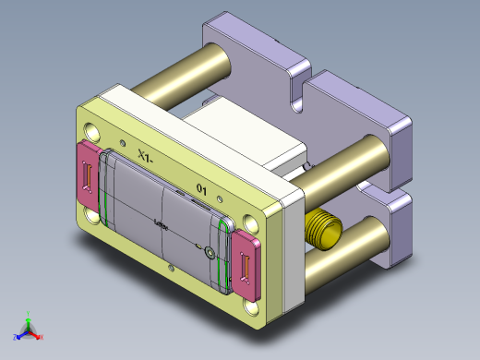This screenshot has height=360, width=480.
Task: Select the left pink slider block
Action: click(87, 173)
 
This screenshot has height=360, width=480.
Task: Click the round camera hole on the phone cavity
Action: click(210, 252)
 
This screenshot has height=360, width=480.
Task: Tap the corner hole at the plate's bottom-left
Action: click(93, 216)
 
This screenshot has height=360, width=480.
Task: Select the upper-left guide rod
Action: click(180, 76)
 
